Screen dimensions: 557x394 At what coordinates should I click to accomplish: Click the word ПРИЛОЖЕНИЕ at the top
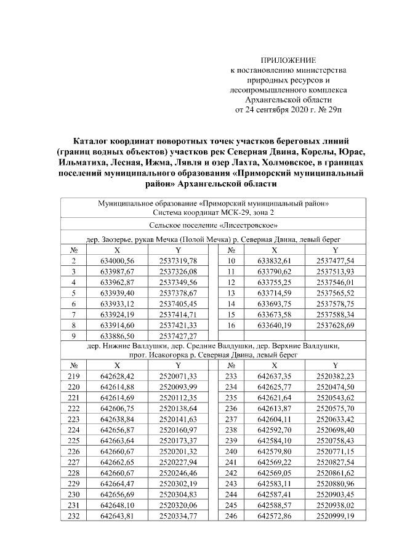pyautogui.click(x=288, y=60)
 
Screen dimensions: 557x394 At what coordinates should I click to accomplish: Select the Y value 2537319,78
pyautogui.click(x=177, y=261)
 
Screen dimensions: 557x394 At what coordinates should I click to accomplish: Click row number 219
pyautogui.click(x=73, y=375)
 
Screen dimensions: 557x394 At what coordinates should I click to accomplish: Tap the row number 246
pyautogui.click(x=231, y=515)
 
